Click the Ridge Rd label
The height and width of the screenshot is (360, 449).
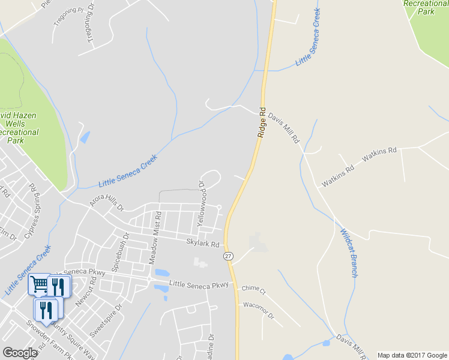click(x=262, y=123)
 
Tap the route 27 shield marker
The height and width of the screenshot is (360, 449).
click(x=228, y=256)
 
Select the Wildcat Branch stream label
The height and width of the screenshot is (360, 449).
click(x=349, y=253)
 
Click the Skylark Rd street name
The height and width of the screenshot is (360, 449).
click(x=204, y=244)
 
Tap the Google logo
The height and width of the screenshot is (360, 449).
click(x=20, y=352)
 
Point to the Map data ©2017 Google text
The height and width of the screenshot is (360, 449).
click(x=412, y=355)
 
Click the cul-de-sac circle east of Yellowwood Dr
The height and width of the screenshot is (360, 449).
click(x=219, y=208)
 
